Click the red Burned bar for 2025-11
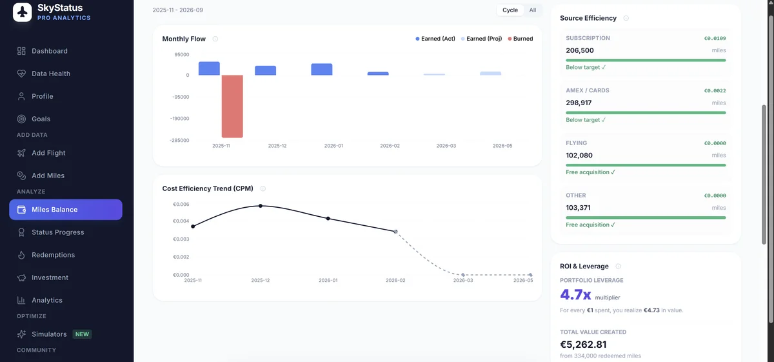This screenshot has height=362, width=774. [232, 106]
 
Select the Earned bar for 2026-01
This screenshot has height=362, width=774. [321, 69]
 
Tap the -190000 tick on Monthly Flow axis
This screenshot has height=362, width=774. [180, 119]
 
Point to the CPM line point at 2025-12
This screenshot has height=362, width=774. [261, 206]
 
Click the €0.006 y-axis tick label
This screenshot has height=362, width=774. [181, 205]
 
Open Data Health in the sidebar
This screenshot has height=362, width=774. [50, 74]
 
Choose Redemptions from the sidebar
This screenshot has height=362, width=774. [53, 255]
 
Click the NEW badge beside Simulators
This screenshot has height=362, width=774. [82, 334]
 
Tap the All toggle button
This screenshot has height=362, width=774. [533, 10]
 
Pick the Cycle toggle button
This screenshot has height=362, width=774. [510, 10]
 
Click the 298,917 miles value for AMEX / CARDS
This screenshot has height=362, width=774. [579, 103]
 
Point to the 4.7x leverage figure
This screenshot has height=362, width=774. [575, 295]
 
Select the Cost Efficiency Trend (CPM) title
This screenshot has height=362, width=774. [208, 188]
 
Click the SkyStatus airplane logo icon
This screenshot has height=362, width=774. [23, 12]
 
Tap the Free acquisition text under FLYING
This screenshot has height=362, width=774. [590, 172]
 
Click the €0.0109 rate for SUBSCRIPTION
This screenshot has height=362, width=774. [715, 38]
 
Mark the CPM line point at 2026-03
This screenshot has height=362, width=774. [463, 275]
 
